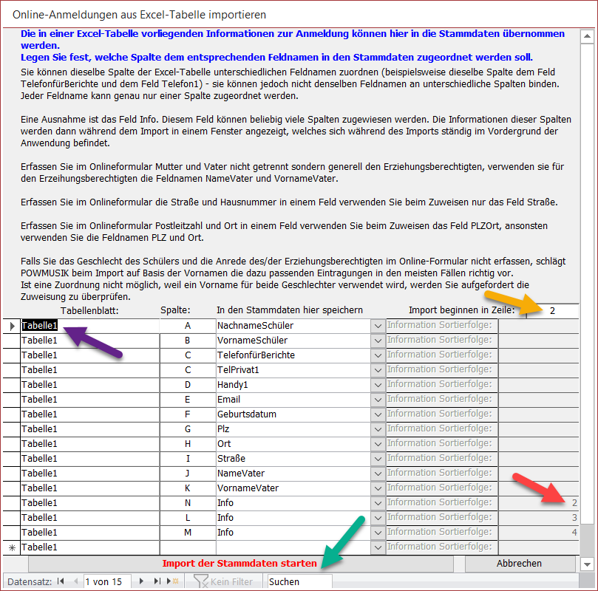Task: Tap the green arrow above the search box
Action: click(344, 540)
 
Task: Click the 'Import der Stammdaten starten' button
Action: click(239, 564)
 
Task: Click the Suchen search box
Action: click(299, 581)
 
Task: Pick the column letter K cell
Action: click(188, 488)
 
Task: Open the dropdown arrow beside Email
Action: click(378, 400)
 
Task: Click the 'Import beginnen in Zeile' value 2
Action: click(552, 311)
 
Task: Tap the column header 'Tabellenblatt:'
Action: click(89, 310)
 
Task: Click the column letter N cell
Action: click(188, 503)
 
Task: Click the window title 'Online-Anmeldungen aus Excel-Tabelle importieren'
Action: click(140, 14)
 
